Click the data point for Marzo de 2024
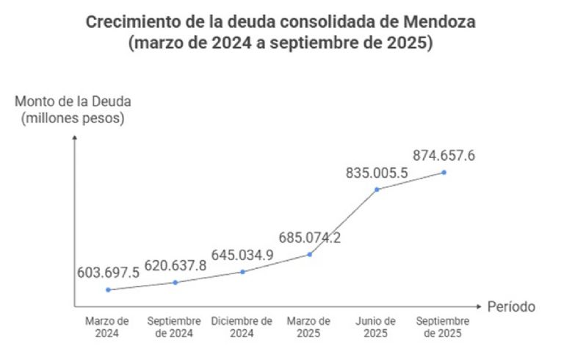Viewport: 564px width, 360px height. [108, 289]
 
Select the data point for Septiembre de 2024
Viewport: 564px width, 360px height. [175, 282]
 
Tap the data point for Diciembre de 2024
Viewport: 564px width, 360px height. [242, 272]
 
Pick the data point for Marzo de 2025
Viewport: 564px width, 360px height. [309, 254]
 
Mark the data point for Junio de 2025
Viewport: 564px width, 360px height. [377, 190]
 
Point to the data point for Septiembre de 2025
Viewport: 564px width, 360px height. [444, 173]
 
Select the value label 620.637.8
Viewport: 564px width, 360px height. [175, 264]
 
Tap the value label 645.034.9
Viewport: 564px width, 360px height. [242, 254]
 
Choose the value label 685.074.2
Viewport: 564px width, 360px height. [309, 237]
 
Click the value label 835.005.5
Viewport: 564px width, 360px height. [377, 173]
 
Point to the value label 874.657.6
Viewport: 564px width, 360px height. [444, 155]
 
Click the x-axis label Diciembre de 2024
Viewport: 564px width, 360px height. [242, 328]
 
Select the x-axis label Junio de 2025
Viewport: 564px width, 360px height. [376, 328]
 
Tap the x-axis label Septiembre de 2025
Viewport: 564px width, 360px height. [443, 328]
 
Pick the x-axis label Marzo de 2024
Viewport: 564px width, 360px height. [108, 328]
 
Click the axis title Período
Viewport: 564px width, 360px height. [512, 306]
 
